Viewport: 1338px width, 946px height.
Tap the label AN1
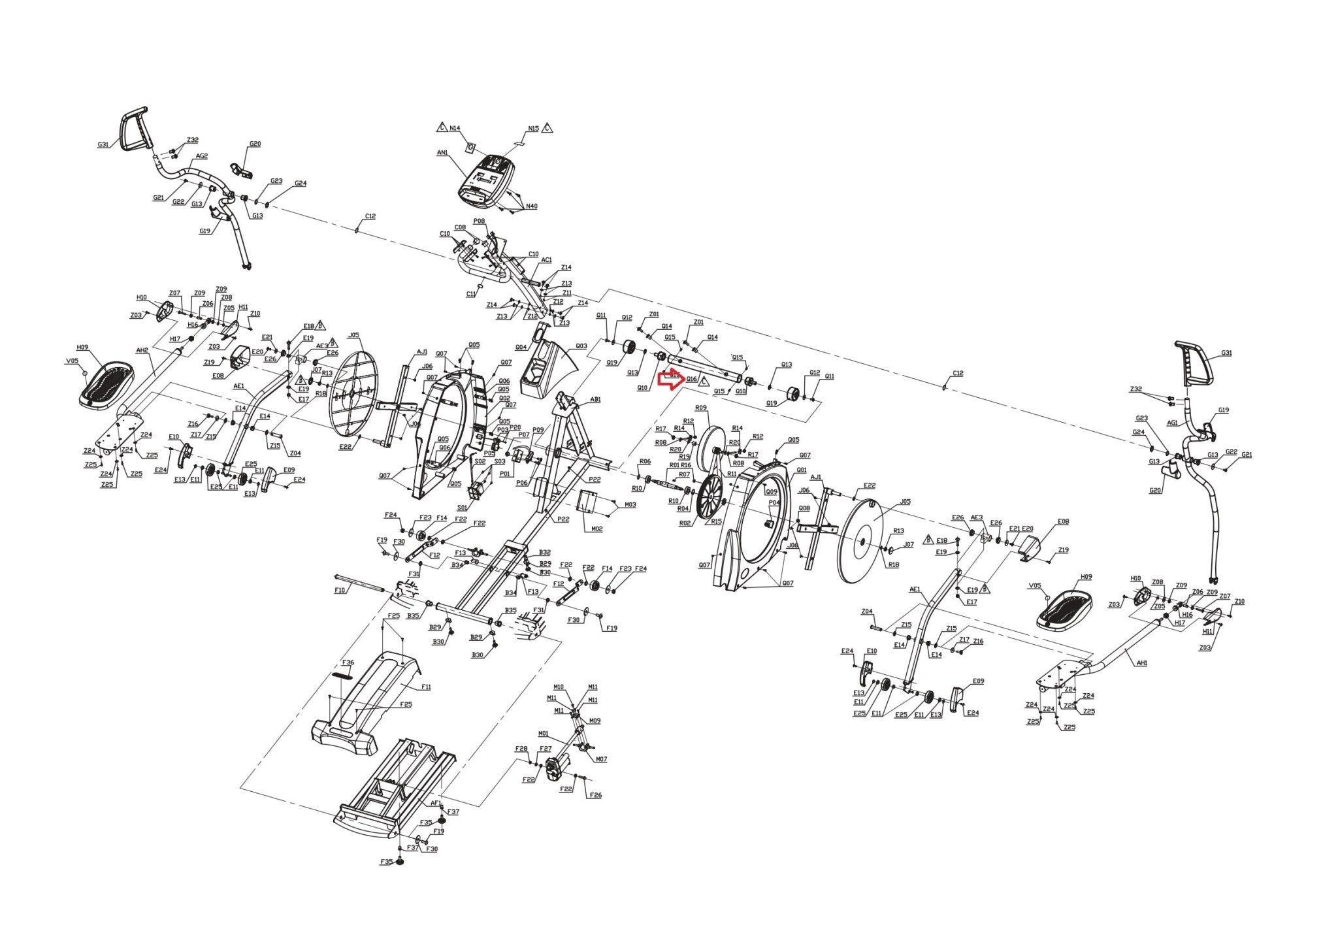click(442, 152)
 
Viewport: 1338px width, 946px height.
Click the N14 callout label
click(455, 128)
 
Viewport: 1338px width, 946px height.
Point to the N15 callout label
click(533, 128)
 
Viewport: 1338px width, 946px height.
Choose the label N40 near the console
click(532, 206)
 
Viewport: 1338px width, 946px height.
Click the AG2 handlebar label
click(202, 156)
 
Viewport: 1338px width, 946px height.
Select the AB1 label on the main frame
click(595, 399)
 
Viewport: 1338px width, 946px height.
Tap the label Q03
click(581, 346)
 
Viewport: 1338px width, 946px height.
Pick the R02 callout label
click(685, 523)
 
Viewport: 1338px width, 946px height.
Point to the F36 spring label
click(348, 662)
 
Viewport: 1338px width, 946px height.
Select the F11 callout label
click(426, 687)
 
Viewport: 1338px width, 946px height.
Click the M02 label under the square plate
click(596, 529)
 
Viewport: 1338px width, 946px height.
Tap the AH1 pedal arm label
click(1142, 662)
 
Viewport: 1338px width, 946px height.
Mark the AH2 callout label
click(142, 350)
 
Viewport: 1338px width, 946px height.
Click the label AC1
click(547, 259)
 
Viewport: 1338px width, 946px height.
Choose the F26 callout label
click(595, 795)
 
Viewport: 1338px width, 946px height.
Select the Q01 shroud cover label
click(802, 470)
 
